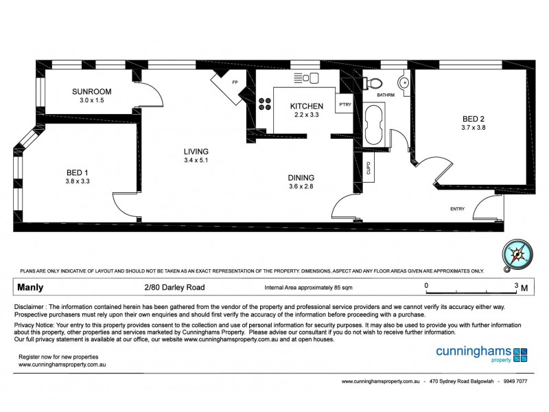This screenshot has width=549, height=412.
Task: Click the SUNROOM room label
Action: (x=92, y=92)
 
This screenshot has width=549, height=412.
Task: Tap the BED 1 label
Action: (x=77, y=172)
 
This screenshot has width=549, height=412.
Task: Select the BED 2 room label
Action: (x=474, y=117)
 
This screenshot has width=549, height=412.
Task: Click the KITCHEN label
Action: (x=306, y=106)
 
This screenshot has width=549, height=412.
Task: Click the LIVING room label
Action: (x=196, y=152)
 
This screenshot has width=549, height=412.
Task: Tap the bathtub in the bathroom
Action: (x=374, y=125)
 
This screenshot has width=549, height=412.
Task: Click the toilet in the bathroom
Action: (x=373, y=82)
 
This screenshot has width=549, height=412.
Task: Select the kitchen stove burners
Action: (x=264, y=106)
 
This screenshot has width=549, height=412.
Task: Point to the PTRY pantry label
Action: (x=344, y=105)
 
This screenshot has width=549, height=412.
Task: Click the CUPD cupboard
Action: (x=369, y=168)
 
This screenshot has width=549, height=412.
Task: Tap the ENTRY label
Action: (x=457, y=209)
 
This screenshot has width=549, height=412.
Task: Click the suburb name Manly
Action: (x=32, y=288)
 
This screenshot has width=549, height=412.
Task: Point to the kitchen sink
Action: (x=305, y=78)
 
